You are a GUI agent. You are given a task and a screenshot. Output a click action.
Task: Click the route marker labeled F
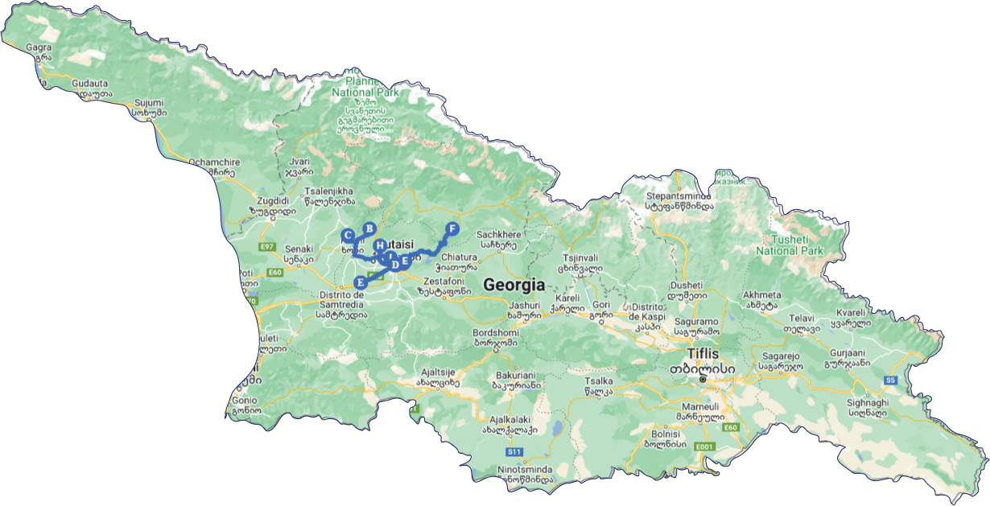point(452,228)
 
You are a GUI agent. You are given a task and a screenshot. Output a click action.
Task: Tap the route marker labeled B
point(369,228)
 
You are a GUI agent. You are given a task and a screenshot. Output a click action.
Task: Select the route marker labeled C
point(348,236)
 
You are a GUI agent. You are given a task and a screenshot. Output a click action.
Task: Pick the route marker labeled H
point(379,245)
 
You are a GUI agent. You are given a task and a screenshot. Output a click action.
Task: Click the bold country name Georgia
point(514,285)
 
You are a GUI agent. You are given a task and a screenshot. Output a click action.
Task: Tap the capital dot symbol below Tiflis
point(703,379)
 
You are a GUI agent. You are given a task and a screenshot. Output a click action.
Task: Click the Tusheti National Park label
point(789,245)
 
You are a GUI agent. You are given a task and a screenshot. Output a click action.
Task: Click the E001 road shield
point(705,446)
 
